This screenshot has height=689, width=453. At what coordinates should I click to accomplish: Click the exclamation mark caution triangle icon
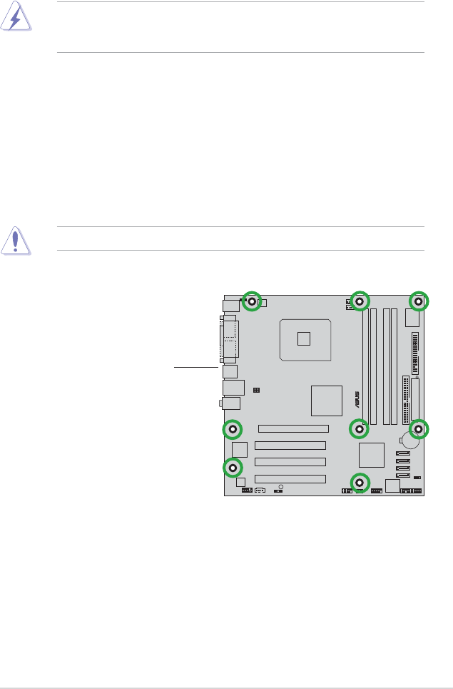(x=16, y=241)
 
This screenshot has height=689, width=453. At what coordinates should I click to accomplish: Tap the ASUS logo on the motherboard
(x=357, y=399)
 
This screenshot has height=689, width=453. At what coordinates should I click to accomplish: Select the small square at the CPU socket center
(x=304, y=338)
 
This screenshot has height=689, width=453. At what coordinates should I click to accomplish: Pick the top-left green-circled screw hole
(x=252, y=301)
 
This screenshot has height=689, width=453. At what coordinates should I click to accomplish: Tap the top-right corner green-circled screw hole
(x=419, y=301)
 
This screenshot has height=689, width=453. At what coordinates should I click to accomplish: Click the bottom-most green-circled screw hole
(x=360, y=483)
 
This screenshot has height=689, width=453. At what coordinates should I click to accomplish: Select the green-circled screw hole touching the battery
(x=419, y=429)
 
